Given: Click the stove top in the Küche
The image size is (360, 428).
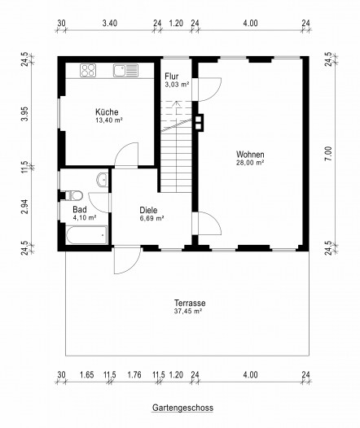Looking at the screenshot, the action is [88, 70].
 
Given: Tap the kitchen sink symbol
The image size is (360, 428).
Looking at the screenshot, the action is [126, 70].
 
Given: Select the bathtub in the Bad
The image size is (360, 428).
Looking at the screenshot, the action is [86, 235].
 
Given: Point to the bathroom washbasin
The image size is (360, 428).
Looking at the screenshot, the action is [103, 180].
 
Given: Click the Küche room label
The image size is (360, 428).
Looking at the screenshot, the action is [107, 112].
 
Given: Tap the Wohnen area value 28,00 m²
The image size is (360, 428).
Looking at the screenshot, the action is [250, 163].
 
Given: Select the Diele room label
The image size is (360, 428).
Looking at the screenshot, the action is [148, 210].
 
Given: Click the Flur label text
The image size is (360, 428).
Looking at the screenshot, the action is [172, 76].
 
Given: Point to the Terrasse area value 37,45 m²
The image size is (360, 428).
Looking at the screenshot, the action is [188, 311].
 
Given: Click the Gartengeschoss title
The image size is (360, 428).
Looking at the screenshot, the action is [182, 408].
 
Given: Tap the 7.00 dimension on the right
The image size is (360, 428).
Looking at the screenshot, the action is [328, 154].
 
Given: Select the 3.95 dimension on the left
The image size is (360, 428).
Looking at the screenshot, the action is [25, 114].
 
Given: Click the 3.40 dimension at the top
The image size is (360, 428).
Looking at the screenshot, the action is [110, 24].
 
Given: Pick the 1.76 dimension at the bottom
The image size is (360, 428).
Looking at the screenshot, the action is [134, 375].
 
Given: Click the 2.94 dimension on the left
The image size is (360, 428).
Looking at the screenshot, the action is [25, 207].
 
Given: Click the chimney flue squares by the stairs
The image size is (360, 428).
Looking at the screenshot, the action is [199, 123].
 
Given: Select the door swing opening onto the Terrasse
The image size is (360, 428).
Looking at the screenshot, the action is [128, 260].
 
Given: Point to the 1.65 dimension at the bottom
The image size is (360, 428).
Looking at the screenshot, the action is [87, 375].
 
